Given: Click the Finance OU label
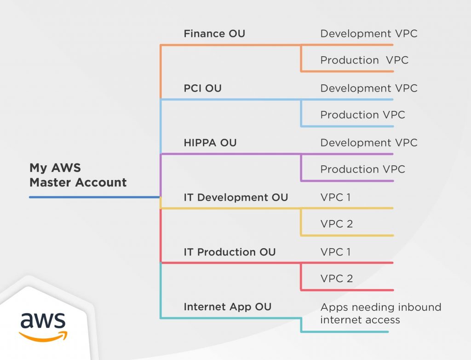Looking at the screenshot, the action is tap(214, 34).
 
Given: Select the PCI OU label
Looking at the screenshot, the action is tap(202, 88).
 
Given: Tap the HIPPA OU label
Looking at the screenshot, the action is tap(210, 143).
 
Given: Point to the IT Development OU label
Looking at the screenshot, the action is tap(236, 197).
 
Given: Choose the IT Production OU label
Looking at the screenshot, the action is tap(230, 252).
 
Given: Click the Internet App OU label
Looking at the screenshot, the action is tap(227, 307).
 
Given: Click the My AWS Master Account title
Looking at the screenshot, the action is tap(78, 175).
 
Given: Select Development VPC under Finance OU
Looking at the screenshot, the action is tap(369, 34).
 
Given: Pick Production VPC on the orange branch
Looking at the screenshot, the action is tap(364, 60).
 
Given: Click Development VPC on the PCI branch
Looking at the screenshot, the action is tap(369, 88).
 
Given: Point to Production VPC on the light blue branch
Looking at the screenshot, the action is tap(362, 115).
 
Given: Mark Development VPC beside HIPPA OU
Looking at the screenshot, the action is tap(369, 143).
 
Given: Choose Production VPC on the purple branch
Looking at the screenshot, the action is tap(362, 169).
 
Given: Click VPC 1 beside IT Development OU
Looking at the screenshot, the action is tap(335, 197).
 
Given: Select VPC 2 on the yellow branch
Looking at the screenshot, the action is tap(336, 224).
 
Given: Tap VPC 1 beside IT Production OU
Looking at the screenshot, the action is tap(335, 252).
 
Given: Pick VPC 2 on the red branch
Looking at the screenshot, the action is tap(336, 279).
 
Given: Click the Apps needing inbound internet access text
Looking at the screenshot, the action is tap(380, 314).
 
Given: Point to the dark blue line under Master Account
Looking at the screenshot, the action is tap(94, 197).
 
